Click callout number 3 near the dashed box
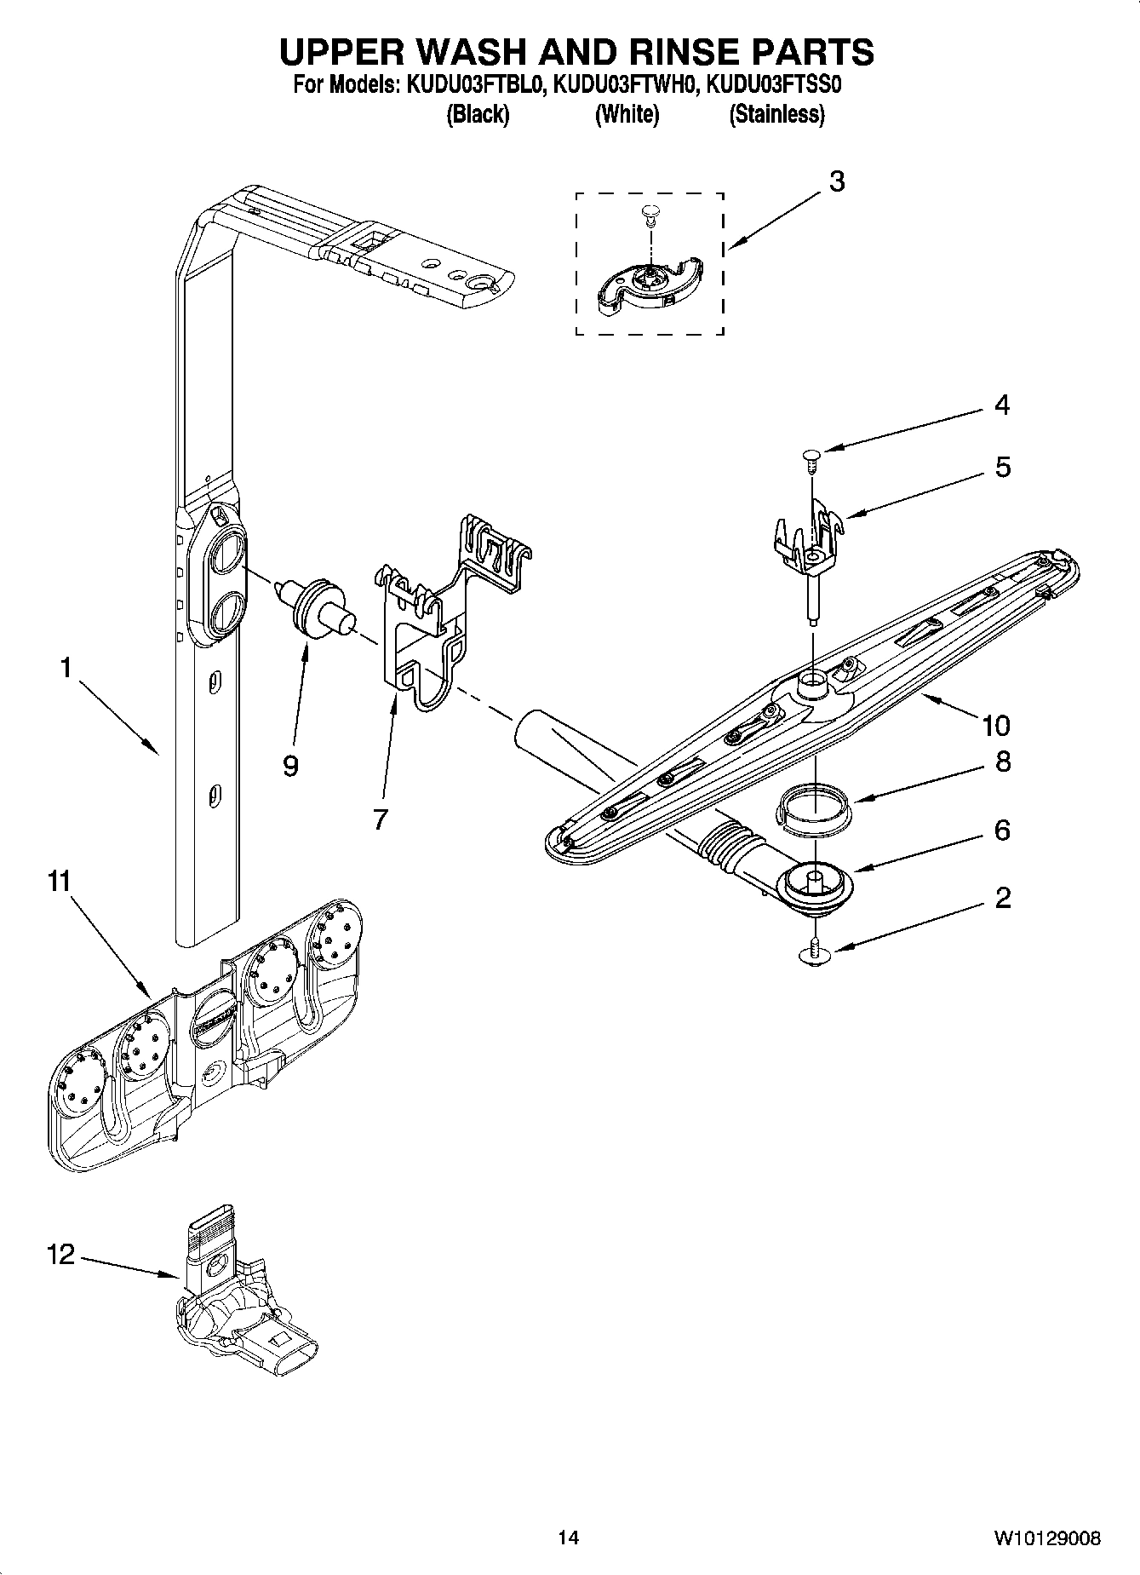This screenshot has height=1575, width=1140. [x=837, y=181]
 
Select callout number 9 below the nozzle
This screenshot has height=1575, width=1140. [x=290, y=766]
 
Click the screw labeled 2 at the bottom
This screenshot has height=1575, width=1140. [x=816, y=953]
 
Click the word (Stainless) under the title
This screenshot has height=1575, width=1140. [x=776, y=114]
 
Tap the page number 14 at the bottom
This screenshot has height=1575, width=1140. [x=568, y=1538]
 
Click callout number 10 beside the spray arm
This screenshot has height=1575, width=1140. [x=995, y=725]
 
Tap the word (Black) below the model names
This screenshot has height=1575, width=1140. [x=478, y=114]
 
